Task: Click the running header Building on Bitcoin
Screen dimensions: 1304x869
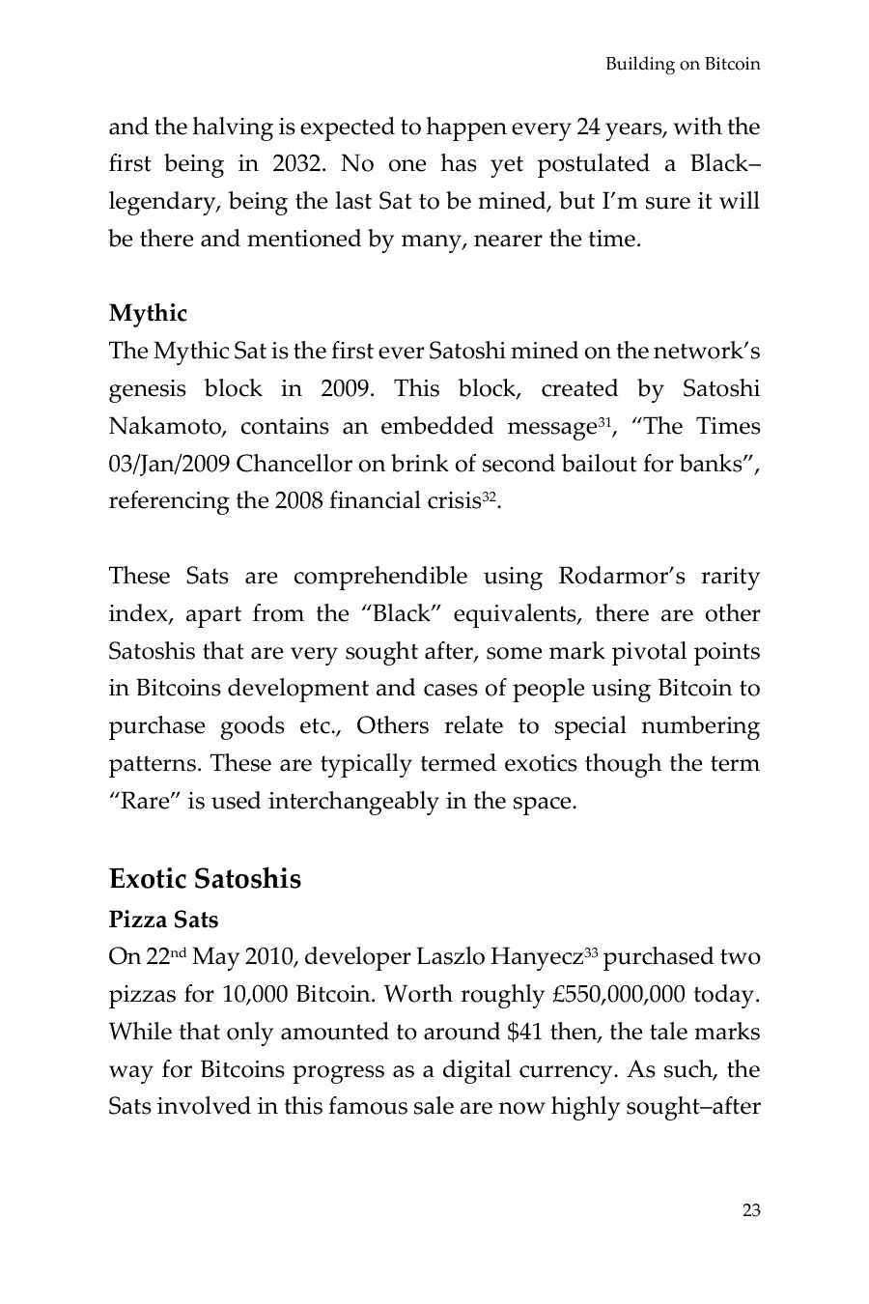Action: (682, 65)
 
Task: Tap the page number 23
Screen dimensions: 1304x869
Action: (751, 1210)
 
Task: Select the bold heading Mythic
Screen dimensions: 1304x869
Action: (148, 313)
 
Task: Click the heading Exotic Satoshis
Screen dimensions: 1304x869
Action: (205, 879)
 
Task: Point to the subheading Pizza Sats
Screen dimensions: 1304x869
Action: (163, 920)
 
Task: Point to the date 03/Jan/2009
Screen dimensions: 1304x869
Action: (169, 464)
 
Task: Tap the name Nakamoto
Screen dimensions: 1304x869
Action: (168, 427)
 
